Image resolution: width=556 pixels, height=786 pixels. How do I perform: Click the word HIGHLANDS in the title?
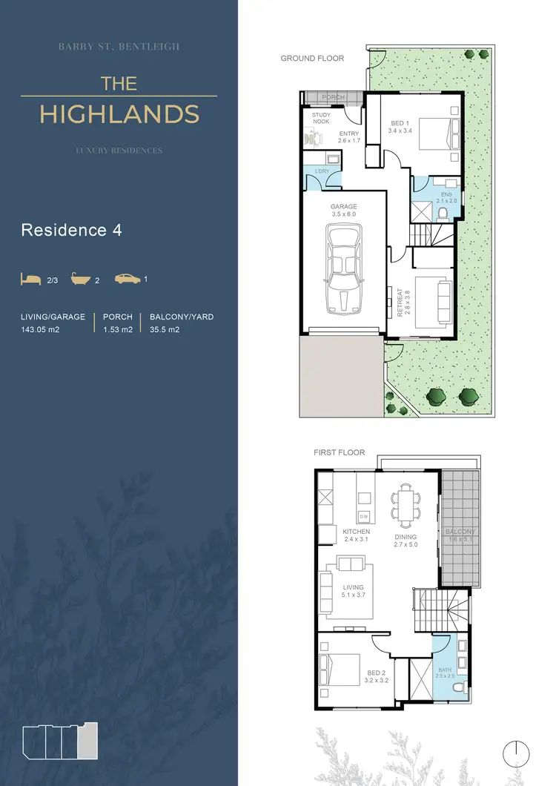[119, 114]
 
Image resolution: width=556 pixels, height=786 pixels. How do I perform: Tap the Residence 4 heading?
[71, 230]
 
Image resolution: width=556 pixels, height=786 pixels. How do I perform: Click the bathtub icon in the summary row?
[80, 280]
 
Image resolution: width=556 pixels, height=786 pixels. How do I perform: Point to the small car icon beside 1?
[128, 280]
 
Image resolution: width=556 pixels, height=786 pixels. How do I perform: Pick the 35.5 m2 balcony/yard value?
[165, 330]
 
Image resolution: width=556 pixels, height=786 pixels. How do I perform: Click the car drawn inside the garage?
[343, 271]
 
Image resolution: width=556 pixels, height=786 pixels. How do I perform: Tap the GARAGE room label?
[343, 206]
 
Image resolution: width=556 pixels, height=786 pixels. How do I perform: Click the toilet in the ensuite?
[443, 214]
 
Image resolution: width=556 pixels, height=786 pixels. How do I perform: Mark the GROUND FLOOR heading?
[312, 58]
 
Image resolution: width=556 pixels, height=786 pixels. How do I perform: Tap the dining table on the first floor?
[406, 504]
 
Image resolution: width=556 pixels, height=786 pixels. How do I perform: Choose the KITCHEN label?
[357, 532]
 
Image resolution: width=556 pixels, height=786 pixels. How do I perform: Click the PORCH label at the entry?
[333, 97]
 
